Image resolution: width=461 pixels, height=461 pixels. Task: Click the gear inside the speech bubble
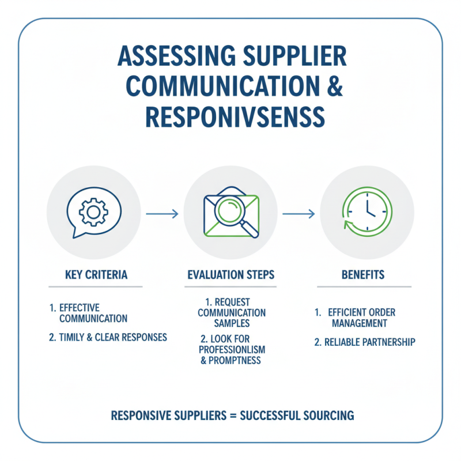[x=93, y=211]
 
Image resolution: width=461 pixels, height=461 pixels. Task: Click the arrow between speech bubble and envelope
[x=162, y=214]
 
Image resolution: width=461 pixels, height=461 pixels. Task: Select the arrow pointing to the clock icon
[x=298, y=214]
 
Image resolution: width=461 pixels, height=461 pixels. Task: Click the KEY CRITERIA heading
[x=95, y=275]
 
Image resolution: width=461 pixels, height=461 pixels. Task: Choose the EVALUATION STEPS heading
[x=231, y=275]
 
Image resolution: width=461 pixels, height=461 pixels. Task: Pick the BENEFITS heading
[x=363, y=275]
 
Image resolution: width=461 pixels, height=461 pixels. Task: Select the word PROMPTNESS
[x=236, y=361]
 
